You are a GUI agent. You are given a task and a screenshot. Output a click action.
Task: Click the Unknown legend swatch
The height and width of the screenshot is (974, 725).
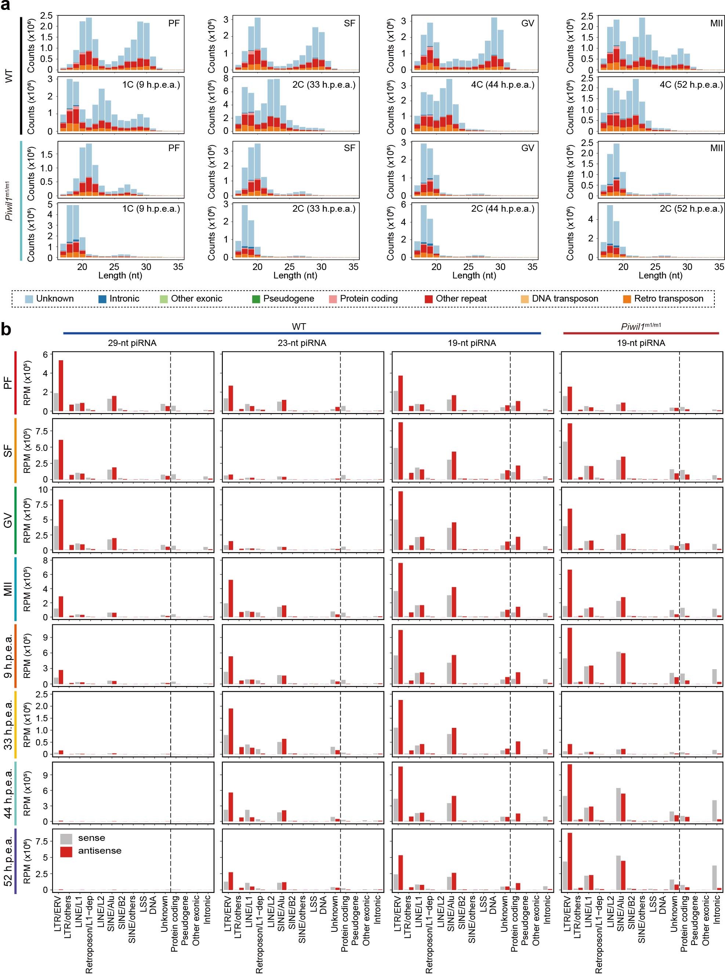pyautogui.click(x=29, y=299)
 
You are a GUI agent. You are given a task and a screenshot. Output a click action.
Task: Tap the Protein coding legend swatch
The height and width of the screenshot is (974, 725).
pyautogui.click(x=333, y=299)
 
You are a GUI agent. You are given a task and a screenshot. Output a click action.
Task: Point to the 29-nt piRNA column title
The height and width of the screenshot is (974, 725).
pyautogui.click(x=132, y=343)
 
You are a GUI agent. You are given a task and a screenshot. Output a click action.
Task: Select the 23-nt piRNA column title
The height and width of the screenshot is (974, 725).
pyautogui.click(x=302, y=343)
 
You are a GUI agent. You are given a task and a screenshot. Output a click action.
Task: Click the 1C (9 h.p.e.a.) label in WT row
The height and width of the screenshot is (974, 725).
pyautogui.click(x=151, y=85)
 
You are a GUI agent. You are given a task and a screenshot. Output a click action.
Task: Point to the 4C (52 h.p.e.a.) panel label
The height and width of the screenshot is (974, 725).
pyautogui.click(x=691, y=85)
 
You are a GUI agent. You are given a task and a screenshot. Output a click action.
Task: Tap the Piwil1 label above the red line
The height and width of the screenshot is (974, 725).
pyautogui.click(x=641, y=326)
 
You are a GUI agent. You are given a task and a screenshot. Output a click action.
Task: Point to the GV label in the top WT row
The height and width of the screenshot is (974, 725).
pyautogui.click(x=527, y=23)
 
